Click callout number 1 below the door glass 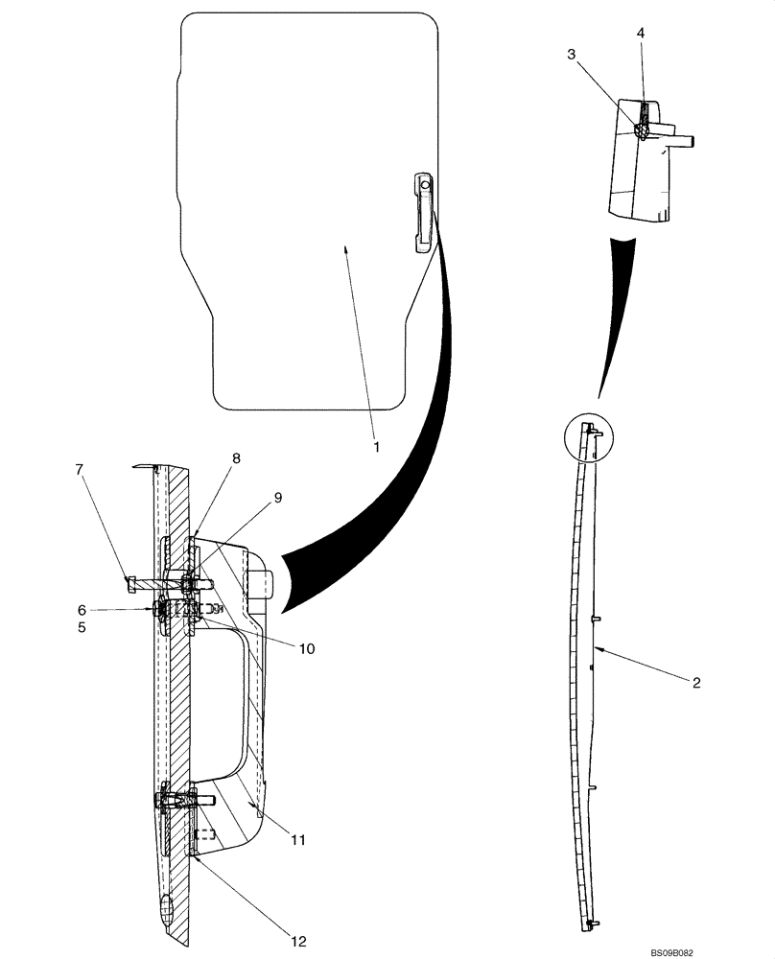click(x=377, y=447)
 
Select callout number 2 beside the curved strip click(x=696, y=683)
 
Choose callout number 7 click(x=80, y=469)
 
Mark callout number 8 click(x=236, y=458)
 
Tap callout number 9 click(x=277, y=497)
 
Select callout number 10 click(x=306, y=648)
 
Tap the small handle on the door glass click(x=423, y=212)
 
